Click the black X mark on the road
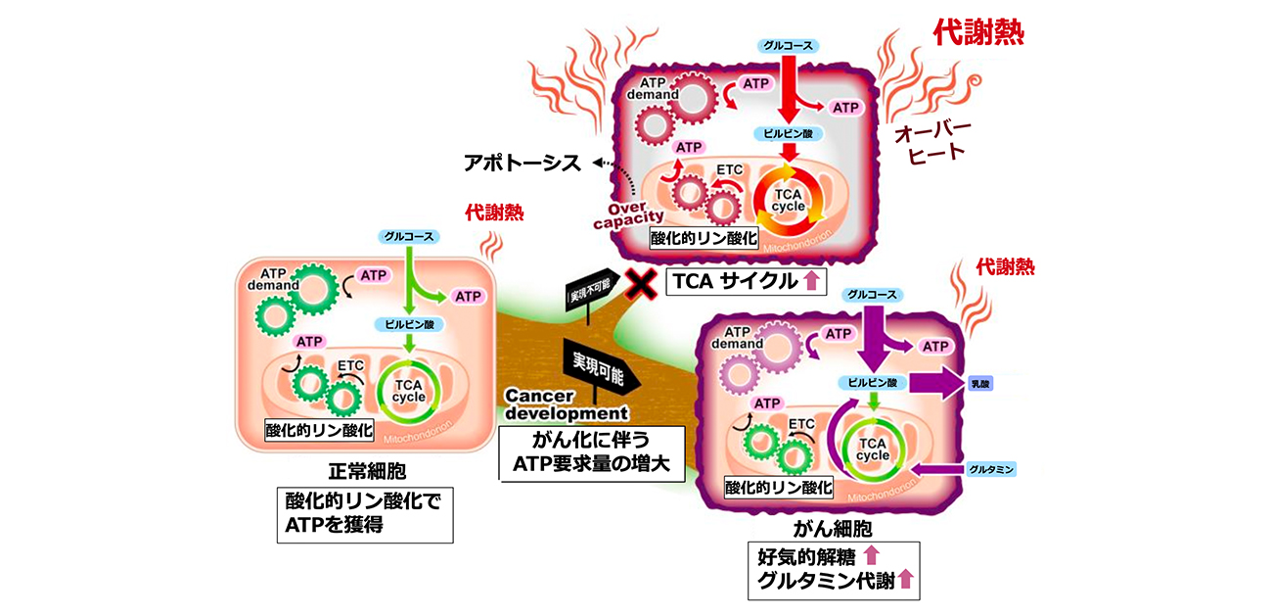640,284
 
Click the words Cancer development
553,402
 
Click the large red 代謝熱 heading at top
978,34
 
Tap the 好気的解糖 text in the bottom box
804,557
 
